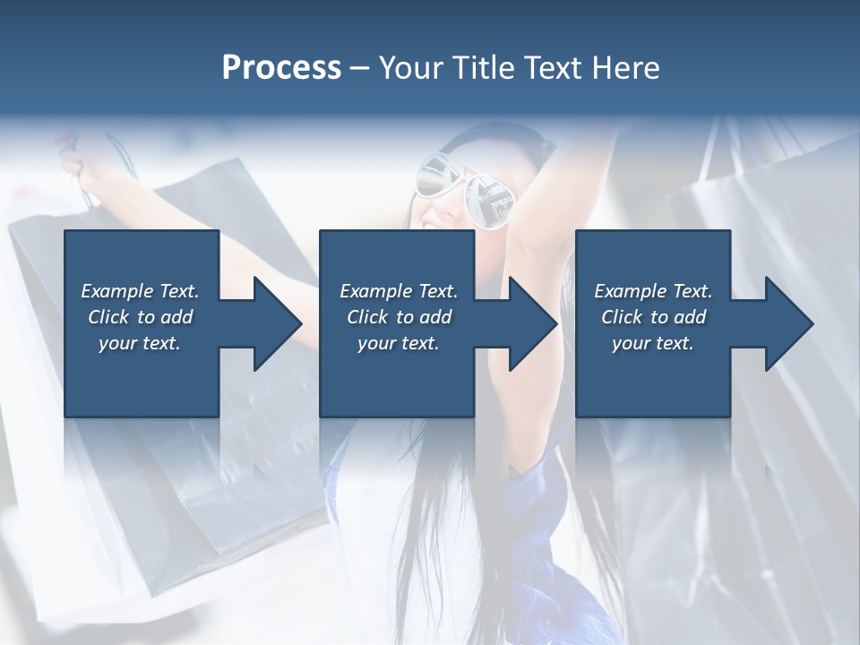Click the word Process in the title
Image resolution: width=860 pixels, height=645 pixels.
[281, 68]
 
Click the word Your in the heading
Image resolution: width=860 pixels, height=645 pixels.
[411, 68]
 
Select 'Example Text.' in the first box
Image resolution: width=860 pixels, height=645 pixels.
[140, 291]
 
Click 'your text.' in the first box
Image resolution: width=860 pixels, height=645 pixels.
[140, 343]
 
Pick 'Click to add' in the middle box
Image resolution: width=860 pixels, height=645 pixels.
[399, 317]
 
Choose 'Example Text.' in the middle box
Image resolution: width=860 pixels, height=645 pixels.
[399, 291]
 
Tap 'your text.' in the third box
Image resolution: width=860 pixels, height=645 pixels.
[653, 343]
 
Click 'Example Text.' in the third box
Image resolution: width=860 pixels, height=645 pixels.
[653, 291]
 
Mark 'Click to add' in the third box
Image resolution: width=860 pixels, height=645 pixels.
[653, 317]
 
